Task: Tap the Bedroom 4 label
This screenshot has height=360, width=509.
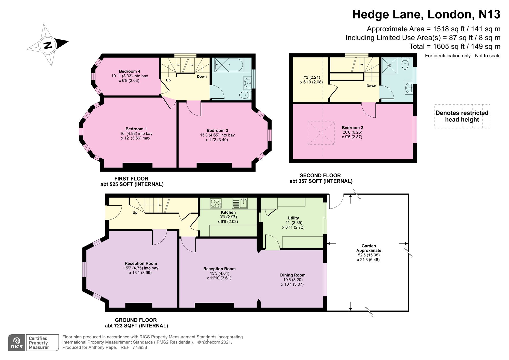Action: click(130, 71)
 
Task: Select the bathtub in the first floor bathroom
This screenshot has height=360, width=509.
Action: click(229, 65)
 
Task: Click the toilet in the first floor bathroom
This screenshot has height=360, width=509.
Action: click(245, 95)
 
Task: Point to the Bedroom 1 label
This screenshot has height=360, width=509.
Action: click(136, 129)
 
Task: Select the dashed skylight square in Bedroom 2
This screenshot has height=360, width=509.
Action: click(321, 133)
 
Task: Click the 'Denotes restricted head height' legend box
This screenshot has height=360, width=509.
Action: click(462, 116)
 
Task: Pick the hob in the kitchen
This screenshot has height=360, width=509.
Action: click(216, 203)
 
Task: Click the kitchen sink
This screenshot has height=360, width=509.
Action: click(240, 203)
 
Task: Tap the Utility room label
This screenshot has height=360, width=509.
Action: click(293, 218)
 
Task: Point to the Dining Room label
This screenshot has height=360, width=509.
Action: click(293, 275)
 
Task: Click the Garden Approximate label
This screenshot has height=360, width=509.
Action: click(369, 248)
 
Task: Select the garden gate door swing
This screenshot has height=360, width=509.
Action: click(336, 202)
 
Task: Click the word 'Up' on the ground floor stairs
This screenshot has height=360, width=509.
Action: click(135, 212)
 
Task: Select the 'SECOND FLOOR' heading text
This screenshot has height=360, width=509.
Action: click(320, 175)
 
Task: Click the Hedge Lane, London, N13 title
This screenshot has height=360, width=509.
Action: click(426, 15)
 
